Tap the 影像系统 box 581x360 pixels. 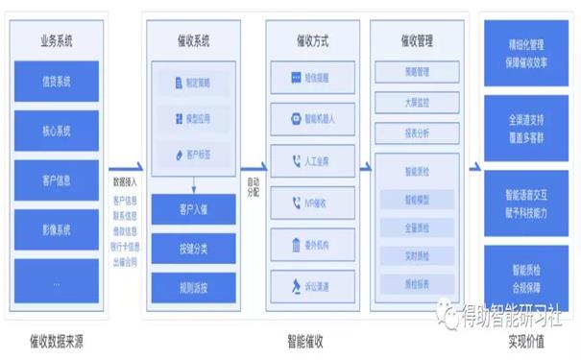coord(55,230)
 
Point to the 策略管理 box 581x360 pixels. coord(416,73)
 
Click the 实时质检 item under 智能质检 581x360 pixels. coord(416,256)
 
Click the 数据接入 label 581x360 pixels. coord(125,180)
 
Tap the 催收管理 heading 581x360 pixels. coord(416,40)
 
